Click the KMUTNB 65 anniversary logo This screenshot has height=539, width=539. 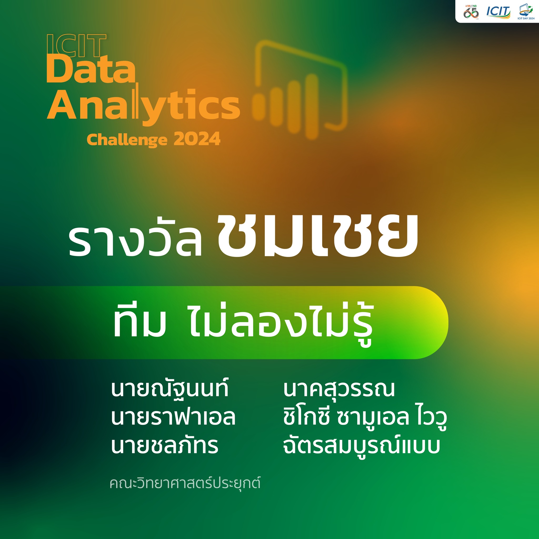click(x=471, y=12)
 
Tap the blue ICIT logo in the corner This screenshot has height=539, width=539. click(x=498, y=12)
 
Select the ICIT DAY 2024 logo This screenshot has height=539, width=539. click(x=526, y=12)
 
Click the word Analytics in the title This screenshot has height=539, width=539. click(x=143, y=106)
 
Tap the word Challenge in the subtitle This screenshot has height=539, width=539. click(x=127, y=139)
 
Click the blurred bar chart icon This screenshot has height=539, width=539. click(x=300, y=89)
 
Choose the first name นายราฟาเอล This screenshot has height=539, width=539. click(x=173, y=417)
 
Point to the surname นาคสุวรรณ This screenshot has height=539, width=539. click(x=339, y=389)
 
